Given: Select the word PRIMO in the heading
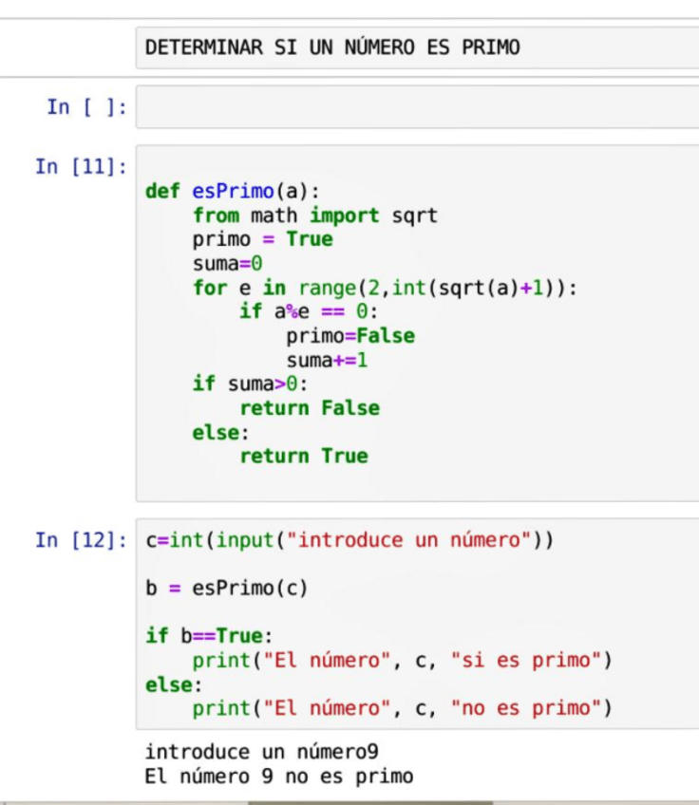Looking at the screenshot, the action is [x=491, y=47].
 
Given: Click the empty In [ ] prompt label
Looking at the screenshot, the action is [x=86, y=107].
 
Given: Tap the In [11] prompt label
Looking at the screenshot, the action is [x=81, y=167].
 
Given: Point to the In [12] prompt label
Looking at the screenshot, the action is [x=81, y=540].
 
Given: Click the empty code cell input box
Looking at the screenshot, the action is [x=418, y=108].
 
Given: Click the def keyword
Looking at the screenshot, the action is [x=162, y=191].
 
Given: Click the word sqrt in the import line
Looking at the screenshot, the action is [x=414, y=215].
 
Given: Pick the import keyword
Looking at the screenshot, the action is [x=344, y=215].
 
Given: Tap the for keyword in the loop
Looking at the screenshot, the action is [x=210, y=288].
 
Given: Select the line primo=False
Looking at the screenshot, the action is [x=349, y=336].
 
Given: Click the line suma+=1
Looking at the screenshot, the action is [x=327, y=361].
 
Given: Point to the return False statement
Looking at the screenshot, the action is [x=309, y=408].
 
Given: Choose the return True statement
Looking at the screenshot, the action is [x=303, y=456].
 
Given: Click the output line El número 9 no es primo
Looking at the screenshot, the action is [x=278, y=777].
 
